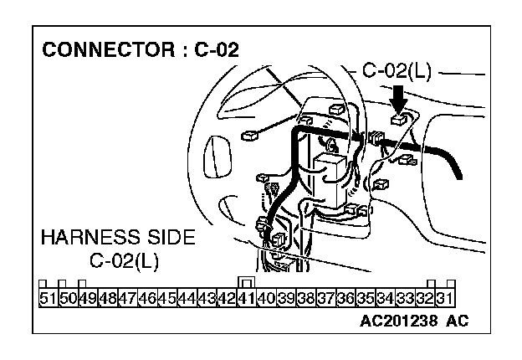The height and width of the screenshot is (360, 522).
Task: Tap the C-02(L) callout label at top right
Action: point(397,70)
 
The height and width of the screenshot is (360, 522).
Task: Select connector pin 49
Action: point(87,297)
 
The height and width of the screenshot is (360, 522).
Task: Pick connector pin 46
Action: point(146,297)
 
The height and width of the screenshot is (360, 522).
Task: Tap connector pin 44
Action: point(187,297)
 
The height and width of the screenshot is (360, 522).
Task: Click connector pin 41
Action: point(246,297)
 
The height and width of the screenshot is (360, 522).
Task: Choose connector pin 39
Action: point(286,297)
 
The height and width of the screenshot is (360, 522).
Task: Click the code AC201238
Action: point(398,321)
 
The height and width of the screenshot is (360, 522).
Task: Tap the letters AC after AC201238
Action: point(457,321)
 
